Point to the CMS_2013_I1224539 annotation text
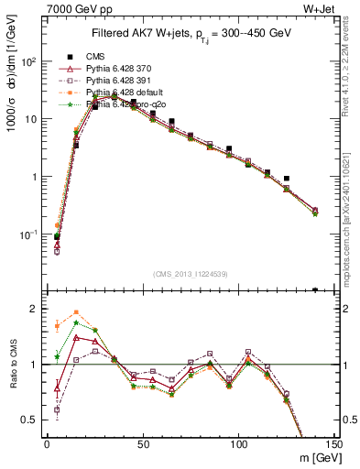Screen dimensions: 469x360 [x=191, y=272]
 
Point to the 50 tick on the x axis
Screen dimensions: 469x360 [x=143, y=444]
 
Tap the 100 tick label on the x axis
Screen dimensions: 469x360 [x=238, y=444]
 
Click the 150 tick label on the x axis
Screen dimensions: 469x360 [x=333, y=444]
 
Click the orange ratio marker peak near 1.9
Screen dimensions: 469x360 [x=76, y=312]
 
